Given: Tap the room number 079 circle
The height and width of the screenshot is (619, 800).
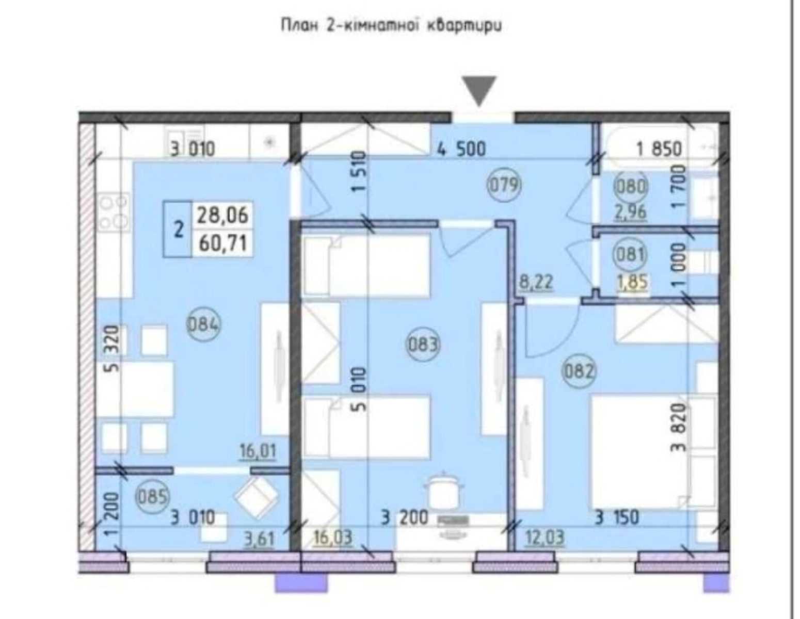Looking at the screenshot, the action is (505, 185).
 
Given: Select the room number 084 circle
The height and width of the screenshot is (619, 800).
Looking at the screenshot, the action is (203, 325).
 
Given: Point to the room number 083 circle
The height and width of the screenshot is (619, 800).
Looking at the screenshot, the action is (423, 345).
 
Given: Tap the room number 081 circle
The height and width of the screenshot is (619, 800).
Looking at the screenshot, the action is (630, 254).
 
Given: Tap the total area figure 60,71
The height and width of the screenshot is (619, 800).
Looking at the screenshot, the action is (223, 243).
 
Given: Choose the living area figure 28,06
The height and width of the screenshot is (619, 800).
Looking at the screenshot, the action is (223, 215).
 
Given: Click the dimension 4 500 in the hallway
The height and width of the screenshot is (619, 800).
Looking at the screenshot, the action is (461, 149).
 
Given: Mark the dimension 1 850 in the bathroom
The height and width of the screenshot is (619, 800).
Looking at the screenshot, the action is (659, 149).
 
